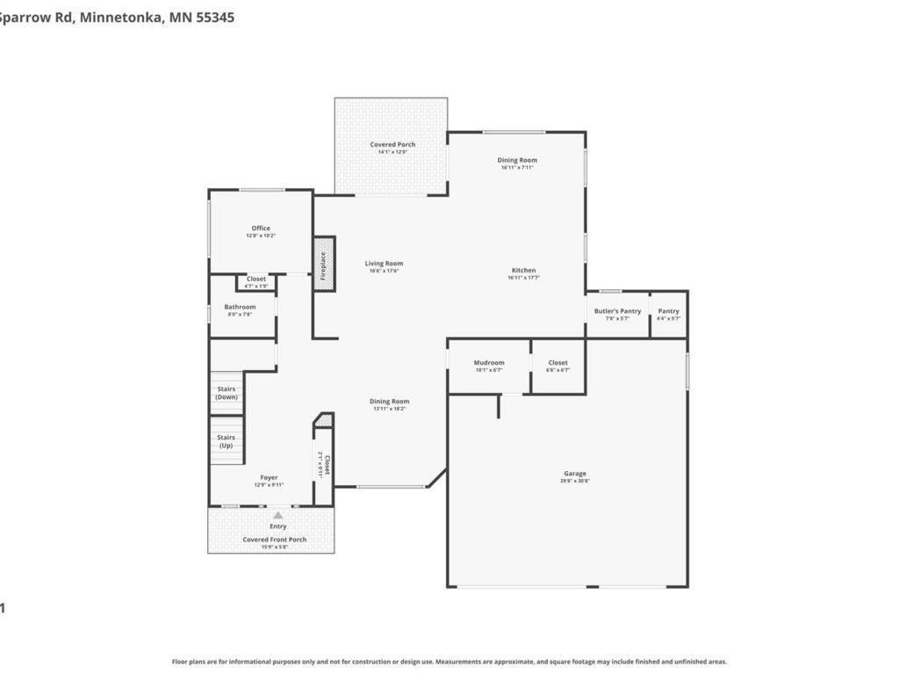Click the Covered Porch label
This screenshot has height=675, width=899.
[x=392, y=145]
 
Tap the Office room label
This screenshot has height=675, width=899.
[x=261, y=229]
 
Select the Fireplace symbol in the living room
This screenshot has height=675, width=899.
[x=324, y=264]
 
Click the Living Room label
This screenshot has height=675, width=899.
[x=384, y=264]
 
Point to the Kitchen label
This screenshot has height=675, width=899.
[x=523, y=271]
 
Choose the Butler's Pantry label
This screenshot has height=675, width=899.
[x=617, y=311]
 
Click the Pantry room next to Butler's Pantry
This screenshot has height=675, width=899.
[x=668, y=311]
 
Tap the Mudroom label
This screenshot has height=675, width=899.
[x=489, y=363]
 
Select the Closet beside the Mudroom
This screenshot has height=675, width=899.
[x=557, y=363]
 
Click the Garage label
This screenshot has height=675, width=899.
[x=575, y=474]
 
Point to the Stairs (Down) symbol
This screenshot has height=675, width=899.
[x=227, y=393]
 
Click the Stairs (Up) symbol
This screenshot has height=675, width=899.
[x=227, y=441]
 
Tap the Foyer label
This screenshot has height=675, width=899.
[x=269, y=478]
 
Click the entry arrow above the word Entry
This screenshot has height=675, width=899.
[x=277, y=516]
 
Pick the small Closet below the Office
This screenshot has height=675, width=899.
[x=256, y=279]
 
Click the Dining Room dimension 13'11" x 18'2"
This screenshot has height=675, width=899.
[x=390, y=409]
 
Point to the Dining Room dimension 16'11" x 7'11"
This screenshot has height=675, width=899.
[x=517, y=168]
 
